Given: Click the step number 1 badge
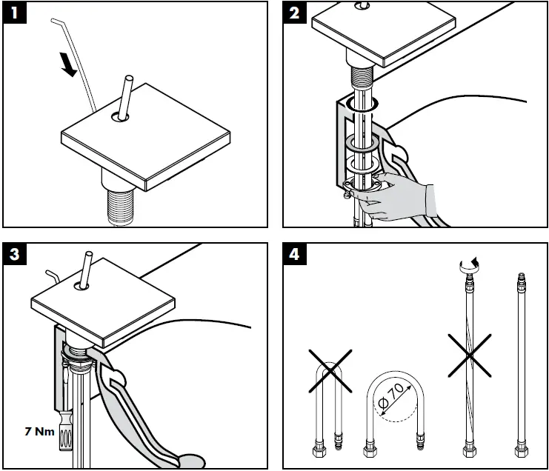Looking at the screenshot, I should click(14, 15).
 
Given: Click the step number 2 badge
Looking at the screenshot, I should click(296, 15).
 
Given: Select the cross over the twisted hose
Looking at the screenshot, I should click(467, 356).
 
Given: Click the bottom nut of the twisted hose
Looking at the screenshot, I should click(467, 450).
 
